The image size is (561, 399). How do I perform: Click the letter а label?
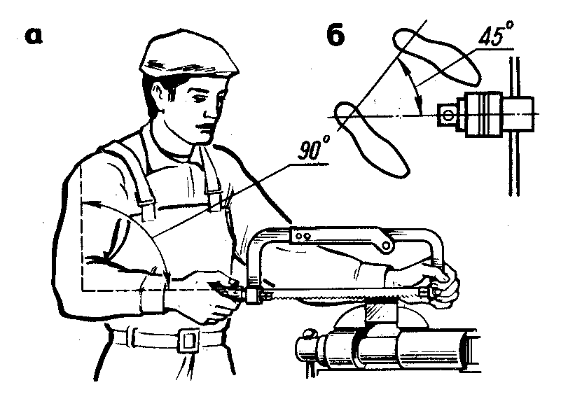[x=34, y=36]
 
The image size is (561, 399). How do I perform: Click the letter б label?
[x=335, y=36]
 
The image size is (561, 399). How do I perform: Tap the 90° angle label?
[x=313, y=149]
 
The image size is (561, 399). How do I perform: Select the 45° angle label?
[x=497, y=34]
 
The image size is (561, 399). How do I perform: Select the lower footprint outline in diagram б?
[x=372, y=139]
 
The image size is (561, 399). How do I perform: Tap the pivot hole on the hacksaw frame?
[x=385, y=245]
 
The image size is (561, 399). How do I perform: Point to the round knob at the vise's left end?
[x=308, y=335]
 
